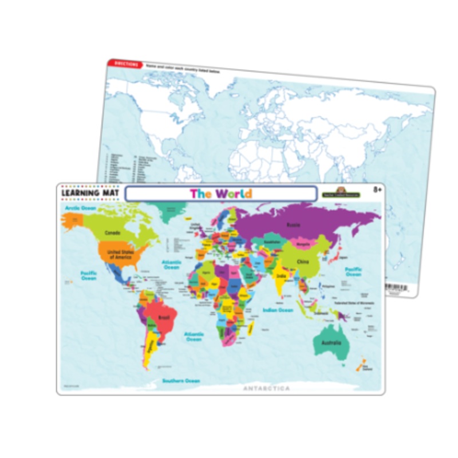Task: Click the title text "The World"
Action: [x=220, y=194]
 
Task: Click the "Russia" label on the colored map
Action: [x=293, y=224]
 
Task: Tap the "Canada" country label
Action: [x=112, y=233]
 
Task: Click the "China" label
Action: [x=302, y=262]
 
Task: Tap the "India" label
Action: [x=281, y=276]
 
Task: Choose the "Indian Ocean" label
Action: [x=278, y=310]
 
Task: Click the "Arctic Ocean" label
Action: [x=79, y=208]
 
